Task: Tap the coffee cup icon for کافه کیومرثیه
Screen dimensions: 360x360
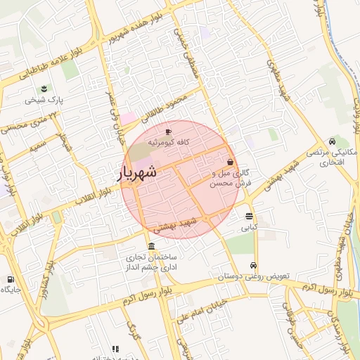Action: pyautogui.click(x=168, y=131)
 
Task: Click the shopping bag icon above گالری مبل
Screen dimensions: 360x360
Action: pyautogui.click(x=230, y=162)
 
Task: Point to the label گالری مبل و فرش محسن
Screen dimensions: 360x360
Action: pyautogui.click(x=231, y=177)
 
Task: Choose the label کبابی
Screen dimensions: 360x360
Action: pyautogui.click(x=250, y=227)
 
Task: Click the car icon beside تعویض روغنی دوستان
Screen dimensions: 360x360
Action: pyautogui.click(x=252, y=266)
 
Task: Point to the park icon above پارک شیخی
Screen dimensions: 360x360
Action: pyautogui.click(x=44, y=89)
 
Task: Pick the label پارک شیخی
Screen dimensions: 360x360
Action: pyautogui.click(x=44, y=100)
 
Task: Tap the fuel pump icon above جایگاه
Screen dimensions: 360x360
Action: pyautogui.click(x=9, y=278)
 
